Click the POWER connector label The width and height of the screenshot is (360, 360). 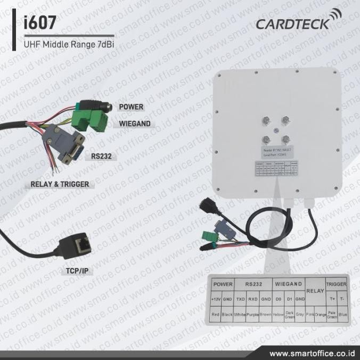coord(131,107)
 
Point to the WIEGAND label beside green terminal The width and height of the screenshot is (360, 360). coord(134,124)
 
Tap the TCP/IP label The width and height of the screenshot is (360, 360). coord(77,271)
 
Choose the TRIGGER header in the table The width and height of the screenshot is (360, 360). coord(336,284)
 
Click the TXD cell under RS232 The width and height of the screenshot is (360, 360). coord(240,299)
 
